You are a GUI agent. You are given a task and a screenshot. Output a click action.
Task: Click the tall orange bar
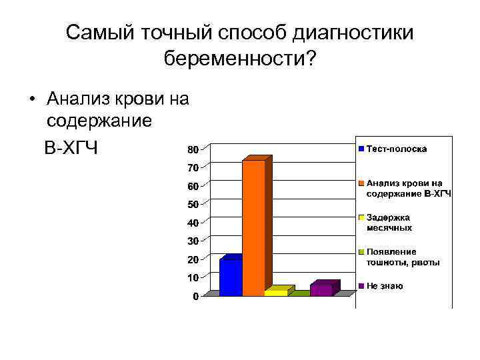(253, 227)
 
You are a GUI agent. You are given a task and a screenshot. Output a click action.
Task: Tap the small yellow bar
(276, 292)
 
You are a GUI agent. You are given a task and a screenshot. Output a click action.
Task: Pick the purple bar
(321, 289)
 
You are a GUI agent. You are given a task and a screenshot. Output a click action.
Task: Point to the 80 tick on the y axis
(192, 148)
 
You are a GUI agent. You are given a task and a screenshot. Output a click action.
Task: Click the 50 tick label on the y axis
(192, 203)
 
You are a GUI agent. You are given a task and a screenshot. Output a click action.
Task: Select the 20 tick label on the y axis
(192, 259)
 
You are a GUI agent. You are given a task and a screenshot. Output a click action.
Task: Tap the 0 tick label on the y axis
(195, 296)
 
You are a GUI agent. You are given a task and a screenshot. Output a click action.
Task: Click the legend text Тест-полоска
(397, 149)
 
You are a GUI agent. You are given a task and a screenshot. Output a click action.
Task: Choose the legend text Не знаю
(385, 286)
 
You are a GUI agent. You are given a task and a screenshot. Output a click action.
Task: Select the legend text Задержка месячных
(389, 223)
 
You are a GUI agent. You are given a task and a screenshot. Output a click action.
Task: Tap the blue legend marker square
(361, 149)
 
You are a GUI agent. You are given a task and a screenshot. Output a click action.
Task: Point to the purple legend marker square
(361, 286)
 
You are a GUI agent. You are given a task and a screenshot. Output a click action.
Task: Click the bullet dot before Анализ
(31, 100)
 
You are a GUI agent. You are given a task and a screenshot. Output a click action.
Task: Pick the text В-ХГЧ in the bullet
(71, 147)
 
